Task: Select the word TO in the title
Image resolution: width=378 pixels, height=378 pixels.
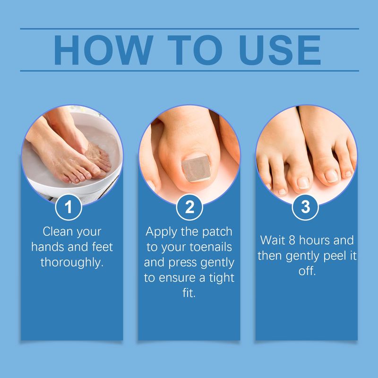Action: [x=195, y=50]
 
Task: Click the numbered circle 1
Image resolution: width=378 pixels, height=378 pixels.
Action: [x=69, y=207]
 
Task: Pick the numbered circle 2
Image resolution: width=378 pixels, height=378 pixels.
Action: [x=189, y=207]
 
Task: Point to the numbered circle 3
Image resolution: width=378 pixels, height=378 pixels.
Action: [x=305, y=207]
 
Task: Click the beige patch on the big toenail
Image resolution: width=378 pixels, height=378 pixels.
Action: [x=196, y=168]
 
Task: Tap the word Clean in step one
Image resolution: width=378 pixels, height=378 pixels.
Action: [x=58, y=232]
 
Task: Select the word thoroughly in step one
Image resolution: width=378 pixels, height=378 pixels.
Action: [x=72, y=263]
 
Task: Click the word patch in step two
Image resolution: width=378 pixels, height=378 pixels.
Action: [x=217, y=232]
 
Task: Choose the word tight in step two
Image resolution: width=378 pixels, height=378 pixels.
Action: [x=222, y=278]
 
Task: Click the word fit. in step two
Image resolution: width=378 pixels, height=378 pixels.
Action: [x=189, y=293]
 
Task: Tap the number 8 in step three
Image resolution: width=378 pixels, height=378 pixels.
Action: [x=292, y=241]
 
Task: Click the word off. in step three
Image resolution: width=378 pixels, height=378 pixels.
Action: [x=307, y=271]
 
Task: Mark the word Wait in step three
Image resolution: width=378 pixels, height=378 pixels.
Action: [x=273, y=240]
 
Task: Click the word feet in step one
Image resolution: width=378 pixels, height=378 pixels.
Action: [x=103, y=247]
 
